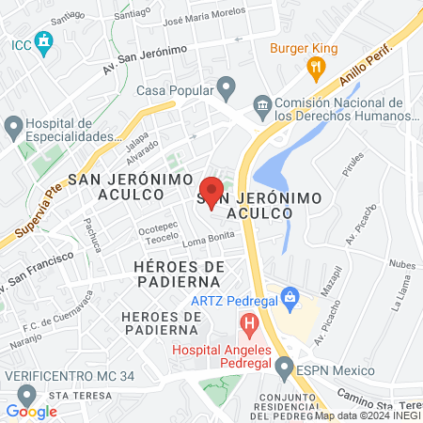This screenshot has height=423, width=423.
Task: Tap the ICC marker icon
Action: tap(43, 42)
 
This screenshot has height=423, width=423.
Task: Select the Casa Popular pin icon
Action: tap(225, 90)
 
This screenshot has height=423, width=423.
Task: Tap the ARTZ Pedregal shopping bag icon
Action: tap(290, 300)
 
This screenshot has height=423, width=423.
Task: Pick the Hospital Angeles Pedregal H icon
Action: tap(249, 327)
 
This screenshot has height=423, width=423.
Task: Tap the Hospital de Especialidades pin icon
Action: tap(13, 125)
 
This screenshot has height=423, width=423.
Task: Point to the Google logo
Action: tap(32, 411)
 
